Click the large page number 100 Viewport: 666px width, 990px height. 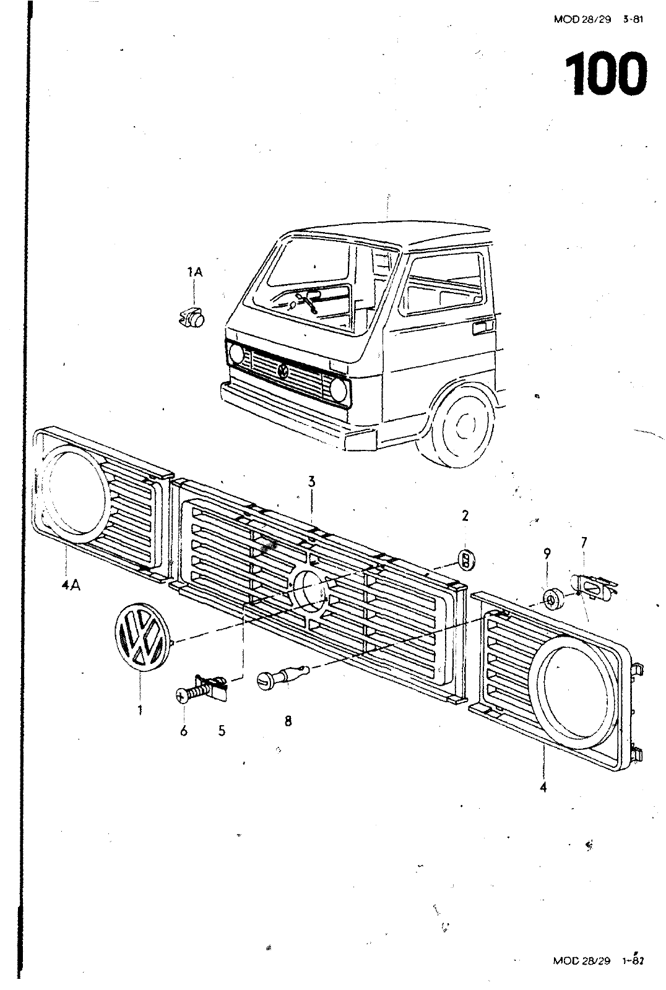tap(605, 74)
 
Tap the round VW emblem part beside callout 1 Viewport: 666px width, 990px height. tap(141, 639)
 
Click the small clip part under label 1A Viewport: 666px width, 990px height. tap(192, 316)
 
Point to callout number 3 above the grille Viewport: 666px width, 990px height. tap(313, 481)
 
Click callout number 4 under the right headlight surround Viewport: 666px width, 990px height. tap(543, 788)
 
